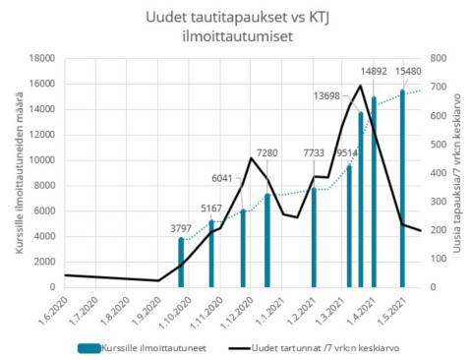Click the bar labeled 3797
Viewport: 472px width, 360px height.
(181, 263)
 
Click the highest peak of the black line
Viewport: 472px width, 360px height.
(361, 86)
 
